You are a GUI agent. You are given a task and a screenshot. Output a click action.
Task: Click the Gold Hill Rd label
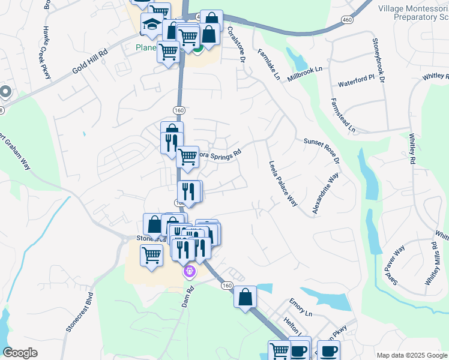click(x=91, y=61)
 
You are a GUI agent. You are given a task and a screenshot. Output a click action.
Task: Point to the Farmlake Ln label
click(x=268, y=64)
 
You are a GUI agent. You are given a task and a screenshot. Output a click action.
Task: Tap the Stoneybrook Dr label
click(x=378, y=59)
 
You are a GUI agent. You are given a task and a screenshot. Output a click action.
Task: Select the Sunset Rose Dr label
click(x=322, y=151)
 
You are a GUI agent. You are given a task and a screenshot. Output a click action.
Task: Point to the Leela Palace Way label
click(x=283, y=183)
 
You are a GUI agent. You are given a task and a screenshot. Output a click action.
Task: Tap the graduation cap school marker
click(x=152, y=25)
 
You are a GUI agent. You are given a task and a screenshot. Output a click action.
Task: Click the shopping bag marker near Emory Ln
click(x=245, y=298)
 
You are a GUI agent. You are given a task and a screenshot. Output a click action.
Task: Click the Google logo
click(x=20, y=352)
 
